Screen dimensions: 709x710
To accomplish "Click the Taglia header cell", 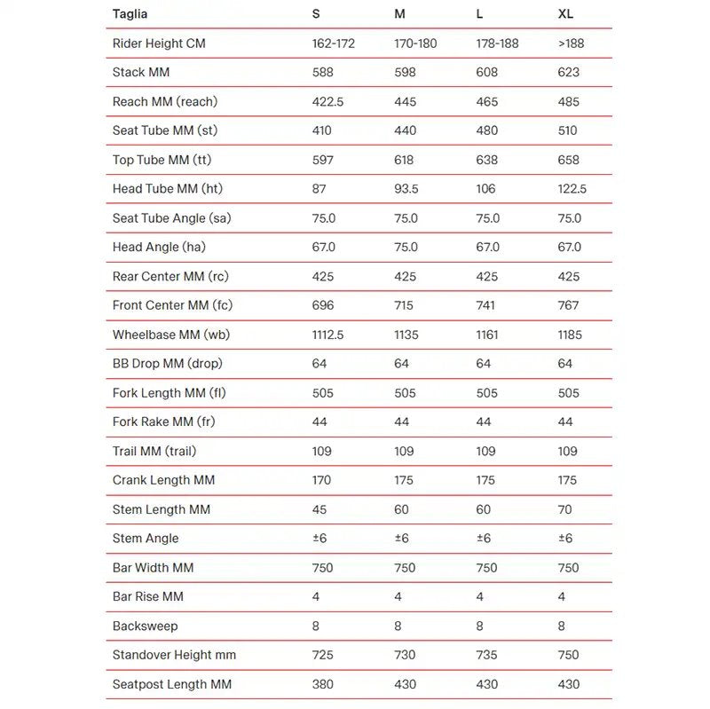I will (x=130, y=14).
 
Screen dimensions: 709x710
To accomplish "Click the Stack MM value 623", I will (x=569, y=73).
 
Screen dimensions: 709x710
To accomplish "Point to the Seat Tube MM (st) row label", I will (x=164, y=130).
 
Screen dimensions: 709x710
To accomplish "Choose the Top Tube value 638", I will (x=487, y=160).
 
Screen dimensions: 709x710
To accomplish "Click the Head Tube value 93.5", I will (x=409, y=189).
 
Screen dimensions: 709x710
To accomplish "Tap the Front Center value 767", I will (x=569, y=305).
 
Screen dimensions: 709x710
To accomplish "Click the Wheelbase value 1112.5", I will (x=329, y=335).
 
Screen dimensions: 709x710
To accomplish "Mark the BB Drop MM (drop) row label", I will (x=168, y=364).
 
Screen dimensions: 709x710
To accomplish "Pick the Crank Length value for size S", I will (x=322, y=480).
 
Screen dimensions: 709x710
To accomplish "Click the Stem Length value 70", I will (x=565, y=509).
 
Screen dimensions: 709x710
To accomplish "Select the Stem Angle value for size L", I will (x=484, y=539).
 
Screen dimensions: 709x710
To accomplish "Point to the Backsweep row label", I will (x=146, y=626).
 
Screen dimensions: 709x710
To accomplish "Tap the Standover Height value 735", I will (x=487, y=655).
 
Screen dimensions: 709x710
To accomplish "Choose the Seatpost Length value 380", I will (x=323, y=684).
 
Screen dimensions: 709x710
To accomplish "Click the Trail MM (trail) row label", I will (x=154, y=451).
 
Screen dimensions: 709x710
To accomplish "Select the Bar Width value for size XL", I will (x=569, y=568).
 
